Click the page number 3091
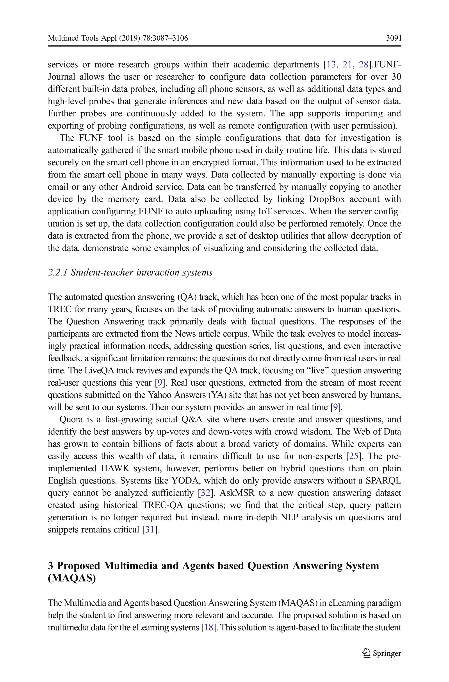(x=394, y=38)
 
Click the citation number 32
(x=205, y=493)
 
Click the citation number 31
(x=150, y=530)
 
